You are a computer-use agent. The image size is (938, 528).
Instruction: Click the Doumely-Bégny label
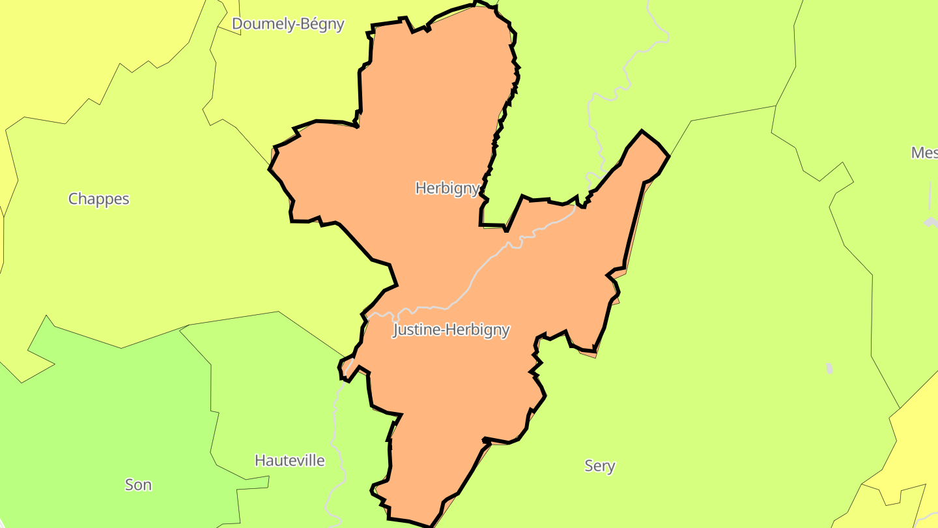point(288,24)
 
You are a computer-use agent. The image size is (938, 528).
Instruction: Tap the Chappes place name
point(99,199)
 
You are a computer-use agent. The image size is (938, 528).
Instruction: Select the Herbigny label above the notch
point(448,188)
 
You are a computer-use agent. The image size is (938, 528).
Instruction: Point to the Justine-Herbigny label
point(451,330)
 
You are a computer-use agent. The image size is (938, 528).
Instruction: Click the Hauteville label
point(289,460)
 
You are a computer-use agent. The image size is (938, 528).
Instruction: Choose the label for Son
point(138,484)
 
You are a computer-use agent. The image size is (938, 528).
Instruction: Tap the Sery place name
point(599,465)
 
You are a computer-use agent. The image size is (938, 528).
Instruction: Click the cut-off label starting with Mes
point(924,153)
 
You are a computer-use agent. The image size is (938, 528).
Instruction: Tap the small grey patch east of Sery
point(829,368)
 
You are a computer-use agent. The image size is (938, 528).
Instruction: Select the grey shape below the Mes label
point(931,222)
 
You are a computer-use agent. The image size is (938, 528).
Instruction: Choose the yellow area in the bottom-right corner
point(912,443)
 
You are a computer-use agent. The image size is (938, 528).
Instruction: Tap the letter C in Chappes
point(74,199)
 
